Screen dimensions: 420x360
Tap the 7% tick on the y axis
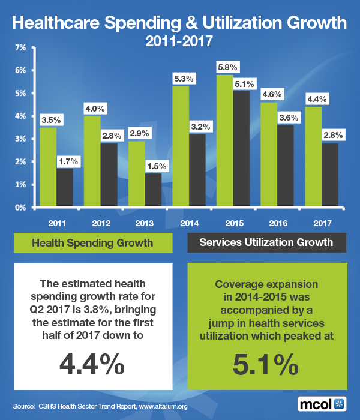tap(20, 47)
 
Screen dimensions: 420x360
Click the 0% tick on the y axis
tap(20, 208)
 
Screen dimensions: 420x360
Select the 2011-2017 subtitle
tap(179, 42)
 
